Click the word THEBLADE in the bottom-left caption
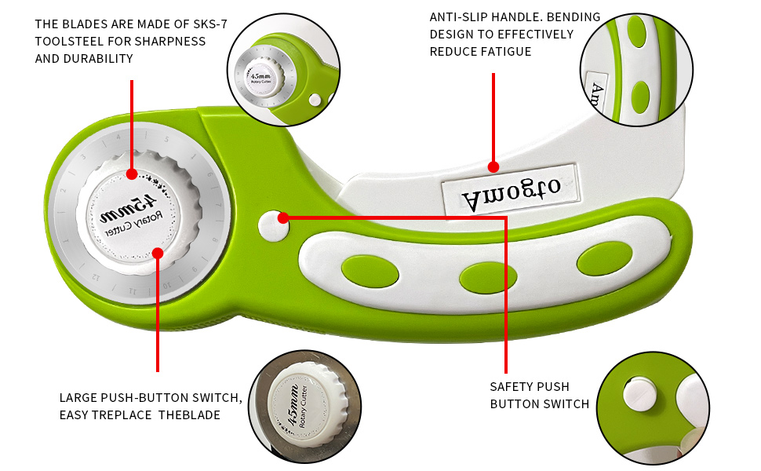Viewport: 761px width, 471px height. click(x=188, y=414)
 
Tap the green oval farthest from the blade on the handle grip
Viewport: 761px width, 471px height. click(x=604, y=258)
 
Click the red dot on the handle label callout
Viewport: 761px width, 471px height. click(x=493, y=166)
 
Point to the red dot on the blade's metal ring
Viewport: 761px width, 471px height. click(x=132, y=173)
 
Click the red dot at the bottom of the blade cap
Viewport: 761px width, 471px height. click(x=158, y=253)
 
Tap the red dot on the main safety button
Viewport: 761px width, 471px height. click(x=283, y=217)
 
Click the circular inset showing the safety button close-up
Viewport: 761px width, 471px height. click(x=653, y=407)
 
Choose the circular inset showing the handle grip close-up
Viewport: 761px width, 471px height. click(x=636, y=68)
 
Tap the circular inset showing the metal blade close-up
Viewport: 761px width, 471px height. click(x=283, y=69)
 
